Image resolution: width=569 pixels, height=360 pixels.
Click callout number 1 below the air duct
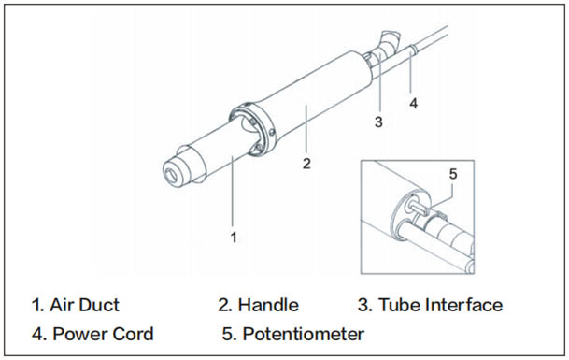[234, 238]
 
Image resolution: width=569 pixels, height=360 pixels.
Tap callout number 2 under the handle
[306, 164]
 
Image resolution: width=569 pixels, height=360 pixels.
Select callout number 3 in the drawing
[378, 122]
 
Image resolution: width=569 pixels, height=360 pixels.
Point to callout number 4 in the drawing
[414, 104]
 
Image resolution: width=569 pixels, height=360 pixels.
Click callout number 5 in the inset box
[453, 174]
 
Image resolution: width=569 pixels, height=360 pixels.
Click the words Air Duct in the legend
[84, 305]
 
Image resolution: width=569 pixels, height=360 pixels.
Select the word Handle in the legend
[268, 305]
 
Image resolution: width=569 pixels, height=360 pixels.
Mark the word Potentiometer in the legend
[304, 334]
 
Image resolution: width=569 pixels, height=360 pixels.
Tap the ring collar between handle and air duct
[252, 129]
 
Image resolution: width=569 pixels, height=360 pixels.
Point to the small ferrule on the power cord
[413, 50]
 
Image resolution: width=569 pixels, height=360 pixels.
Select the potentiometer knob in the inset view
[418, 207]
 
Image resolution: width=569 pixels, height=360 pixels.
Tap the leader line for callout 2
[306, 129]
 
